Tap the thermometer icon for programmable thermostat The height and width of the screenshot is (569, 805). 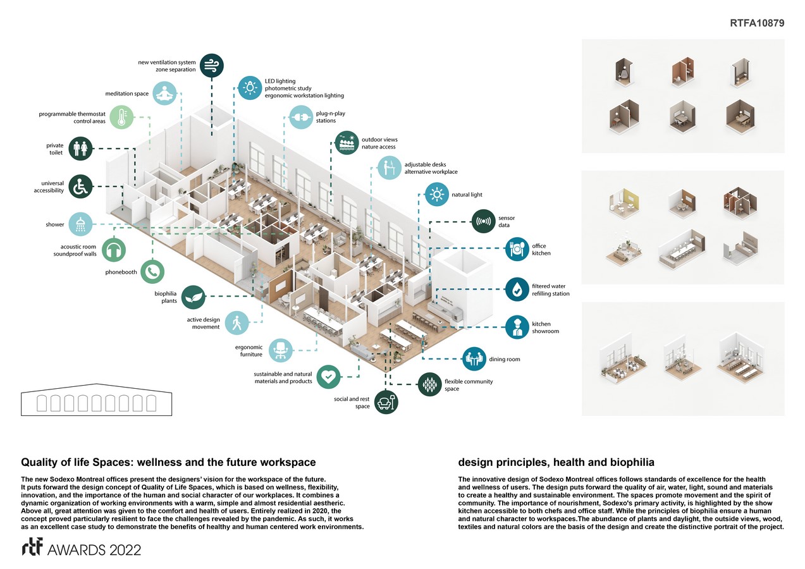tap(121, 118)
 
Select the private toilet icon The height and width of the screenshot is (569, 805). tap(81, 150)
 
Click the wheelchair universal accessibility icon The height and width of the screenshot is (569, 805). tap(80, 187)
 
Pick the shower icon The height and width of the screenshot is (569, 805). tap(80, 224)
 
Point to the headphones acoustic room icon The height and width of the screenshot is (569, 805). tap(114, 250)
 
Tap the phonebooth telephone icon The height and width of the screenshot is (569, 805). tap(152, 272)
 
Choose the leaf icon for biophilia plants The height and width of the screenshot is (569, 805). tap(194, 297)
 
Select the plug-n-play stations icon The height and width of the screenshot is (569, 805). tap(300, 118)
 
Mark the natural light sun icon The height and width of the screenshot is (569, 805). tap(436, 195)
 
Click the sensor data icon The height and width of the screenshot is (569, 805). tap(484, 222)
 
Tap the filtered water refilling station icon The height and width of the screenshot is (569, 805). tap(517, 290)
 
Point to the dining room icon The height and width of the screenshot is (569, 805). tap(474, 359)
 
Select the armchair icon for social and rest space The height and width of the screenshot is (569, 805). tap(386, 401)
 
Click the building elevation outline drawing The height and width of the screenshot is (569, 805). tap(97, 400)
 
